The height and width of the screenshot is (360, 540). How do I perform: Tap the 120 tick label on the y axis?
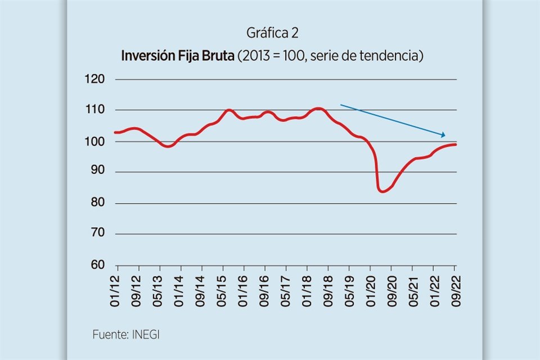click(94, 79)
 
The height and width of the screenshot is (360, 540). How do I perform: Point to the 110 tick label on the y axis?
click(94, 110)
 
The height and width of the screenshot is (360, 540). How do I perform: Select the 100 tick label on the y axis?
click(94, 141)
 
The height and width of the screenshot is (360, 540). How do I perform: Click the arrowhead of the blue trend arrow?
click(443, 135)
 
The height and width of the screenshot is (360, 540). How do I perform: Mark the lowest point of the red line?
click(382, 191)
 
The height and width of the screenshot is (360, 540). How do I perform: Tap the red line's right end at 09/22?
click(454, 145)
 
